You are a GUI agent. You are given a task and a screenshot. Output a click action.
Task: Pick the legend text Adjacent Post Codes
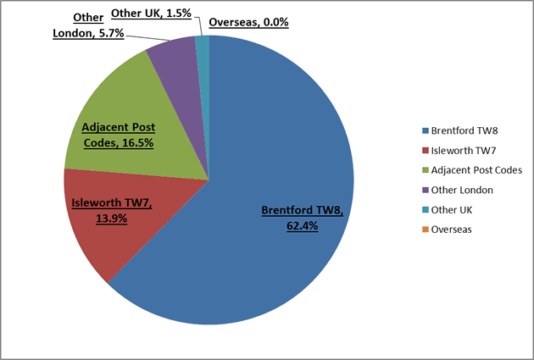pos(476,170)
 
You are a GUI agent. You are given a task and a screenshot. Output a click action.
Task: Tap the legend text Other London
pos(463,190)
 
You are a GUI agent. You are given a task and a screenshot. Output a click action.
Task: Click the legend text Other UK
pos(453,210)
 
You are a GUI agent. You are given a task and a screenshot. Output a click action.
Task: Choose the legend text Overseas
pos(452,230)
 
